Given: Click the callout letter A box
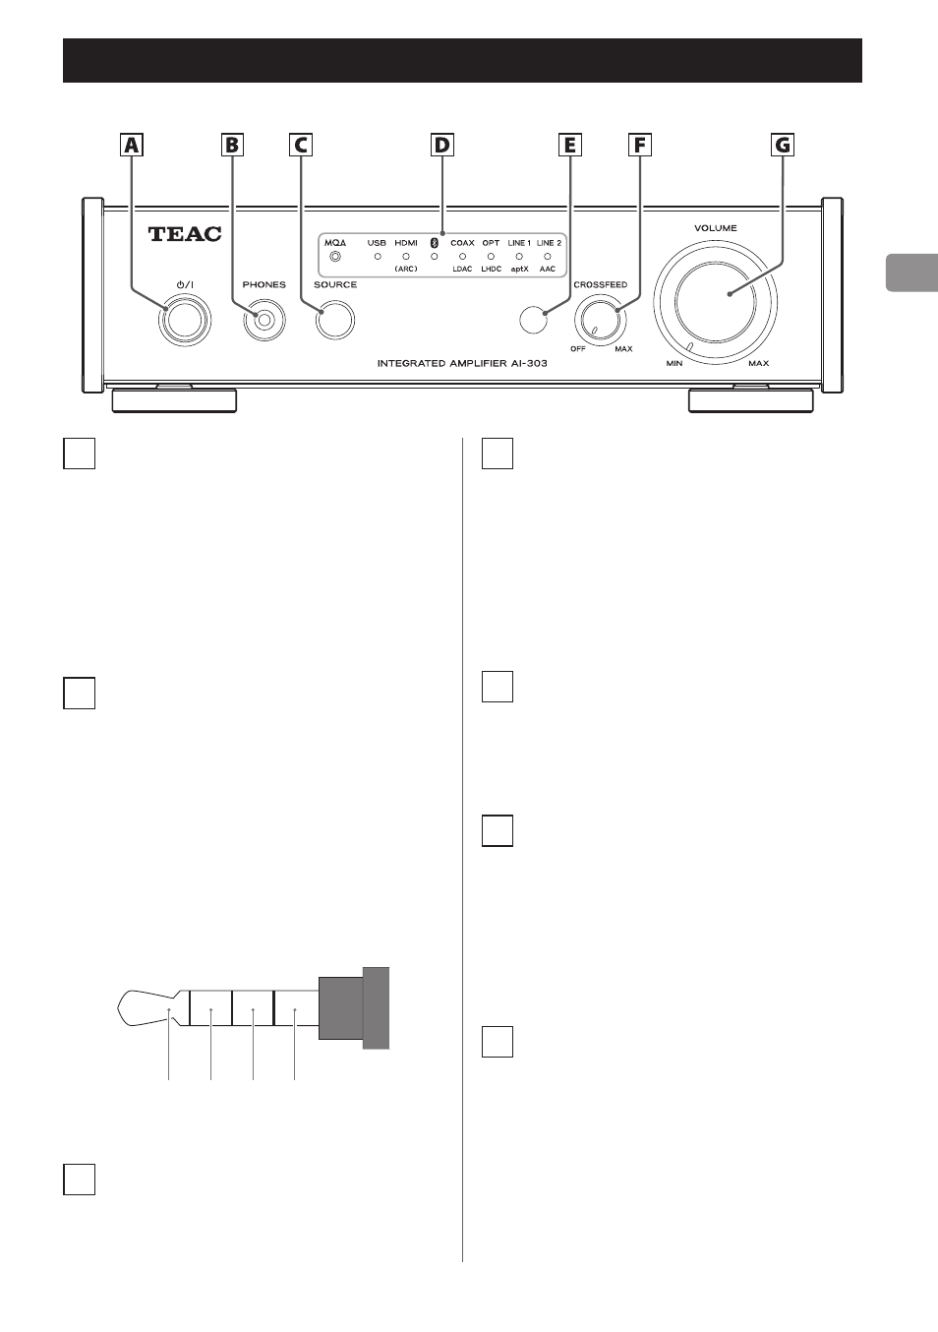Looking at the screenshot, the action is coord(132,145).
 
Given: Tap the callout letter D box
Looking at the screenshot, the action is coord(441,145).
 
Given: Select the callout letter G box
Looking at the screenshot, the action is coord(783,145).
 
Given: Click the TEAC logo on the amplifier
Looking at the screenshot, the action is coord(185,234).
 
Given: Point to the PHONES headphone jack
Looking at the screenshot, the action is coord(264,320).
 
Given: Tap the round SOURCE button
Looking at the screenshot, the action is coord(335,320).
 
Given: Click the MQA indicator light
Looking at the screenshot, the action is coord(335,257).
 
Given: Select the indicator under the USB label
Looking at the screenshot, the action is coord(378,257).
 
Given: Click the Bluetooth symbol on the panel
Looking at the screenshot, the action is coord(434,243).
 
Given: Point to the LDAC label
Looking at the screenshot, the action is coord(462,269).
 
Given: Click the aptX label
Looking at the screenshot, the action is coord(519,269).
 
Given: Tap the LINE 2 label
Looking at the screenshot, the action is coord(549,243).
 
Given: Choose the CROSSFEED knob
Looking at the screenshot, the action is coord(598,320).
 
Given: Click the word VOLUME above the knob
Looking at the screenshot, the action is coord(716,228).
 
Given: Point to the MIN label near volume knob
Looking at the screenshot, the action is coord(674,363).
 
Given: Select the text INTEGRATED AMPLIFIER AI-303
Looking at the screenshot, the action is coord(462,363).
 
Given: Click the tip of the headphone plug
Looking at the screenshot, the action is coord(119,1008).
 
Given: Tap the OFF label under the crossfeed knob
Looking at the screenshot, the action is coord(578,349).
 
